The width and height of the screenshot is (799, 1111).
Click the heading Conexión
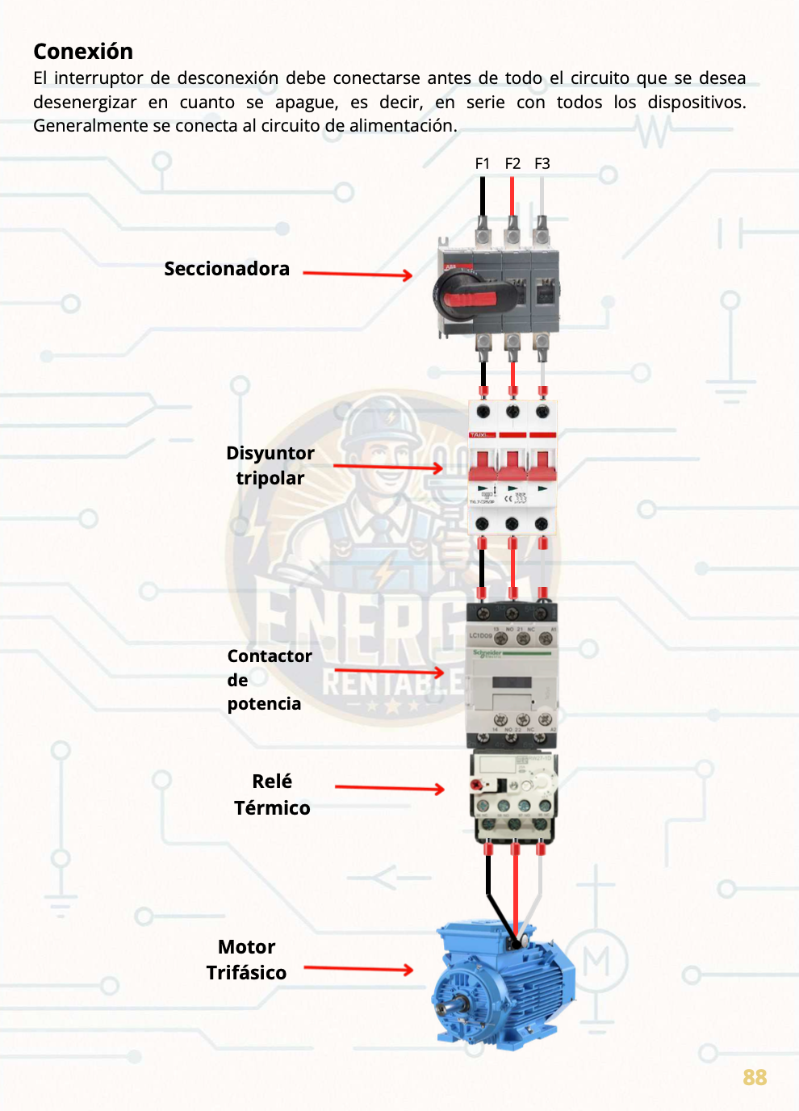tap(83, 52)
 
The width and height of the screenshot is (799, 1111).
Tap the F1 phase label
tap(482, 164)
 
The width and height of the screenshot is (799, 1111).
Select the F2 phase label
tap(512, 164)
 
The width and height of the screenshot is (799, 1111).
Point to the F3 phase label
tap(542, 164)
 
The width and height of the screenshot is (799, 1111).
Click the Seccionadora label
tap(227, 269)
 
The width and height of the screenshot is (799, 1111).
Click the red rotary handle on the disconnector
tap(473, 299)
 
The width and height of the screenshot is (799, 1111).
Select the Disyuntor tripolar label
tap(270, 465)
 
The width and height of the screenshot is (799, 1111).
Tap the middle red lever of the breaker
tap(512, 465)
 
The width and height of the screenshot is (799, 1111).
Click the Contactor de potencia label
tap(269, 680)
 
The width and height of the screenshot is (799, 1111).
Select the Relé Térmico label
tap(272, 794)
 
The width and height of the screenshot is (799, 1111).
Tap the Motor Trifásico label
tap(246, 959)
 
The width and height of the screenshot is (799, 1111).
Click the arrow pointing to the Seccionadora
tap(358, 275)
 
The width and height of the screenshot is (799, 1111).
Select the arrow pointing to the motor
tap(358, 969)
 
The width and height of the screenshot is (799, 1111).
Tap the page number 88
tap(755, 1078)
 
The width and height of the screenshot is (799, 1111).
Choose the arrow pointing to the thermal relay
tap(390, 788)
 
